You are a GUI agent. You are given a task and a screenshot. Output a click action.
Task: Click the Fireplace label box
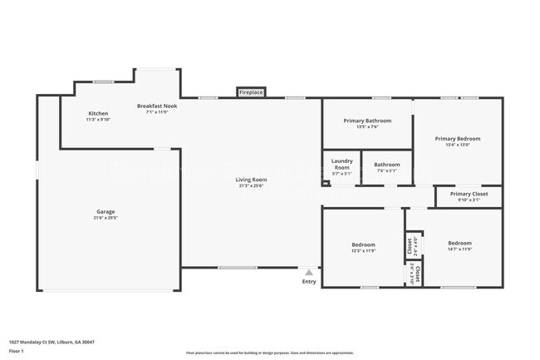251,92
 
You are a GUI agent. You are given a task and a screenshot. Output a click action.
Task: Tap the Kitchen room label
98,113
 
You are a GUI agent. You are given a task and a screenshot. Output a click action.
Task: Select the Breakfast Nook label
157,106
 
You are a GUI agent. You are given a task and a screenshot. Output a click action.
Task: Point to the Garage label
106,212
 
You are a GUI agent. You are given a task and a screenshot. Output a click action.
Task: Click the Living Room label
251,180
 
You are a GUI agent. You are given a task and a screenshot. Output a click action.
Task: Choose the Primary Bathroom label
366,121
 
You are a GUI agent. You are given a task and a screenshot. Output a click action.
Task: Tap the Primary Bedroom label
457,139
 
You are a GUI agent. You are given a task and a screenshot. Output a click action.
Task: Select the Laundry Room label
341,164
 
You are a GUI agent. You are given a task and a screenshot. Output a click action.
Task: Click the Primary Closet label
469,194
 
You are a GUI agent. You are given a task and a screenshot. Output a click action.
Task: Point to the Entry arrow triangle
309,272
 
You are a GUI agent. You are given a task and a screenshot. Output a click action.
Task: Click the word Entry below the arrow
309,282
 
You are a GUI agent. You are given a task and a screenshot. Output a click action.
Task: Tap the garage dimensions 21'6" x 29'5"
106,218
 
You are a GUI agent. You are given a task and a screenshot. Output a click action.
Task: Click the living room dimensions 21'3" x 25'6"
251,185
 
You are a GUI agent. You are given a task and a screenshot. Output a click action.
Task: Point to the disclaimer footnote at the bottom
270,353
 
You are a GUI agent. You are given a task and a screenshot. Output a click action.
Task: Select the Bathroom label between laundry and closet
386,165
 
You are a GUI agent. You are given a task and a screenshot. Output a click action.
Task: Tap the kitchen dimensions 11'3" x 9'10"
98,120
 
